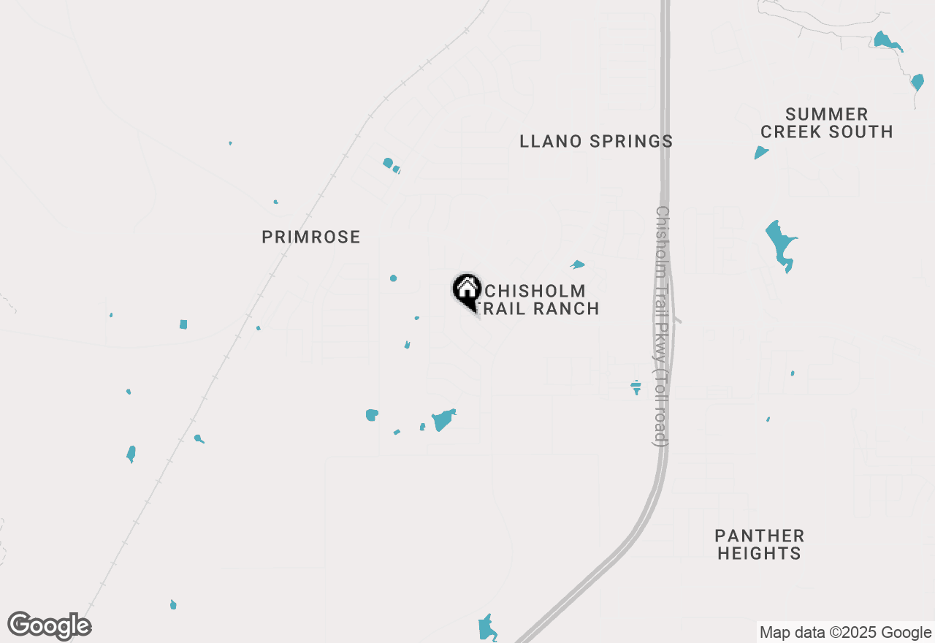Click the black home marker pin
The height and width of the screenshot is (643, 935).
[x=467, y=290]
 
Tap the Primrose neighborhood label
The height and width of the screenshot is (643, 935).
[x=311, y=237]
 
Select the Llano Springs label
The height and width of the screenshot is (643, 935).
[x=596, y=141]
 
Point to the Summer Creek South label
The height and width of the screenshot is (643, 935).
[x=826, y=123]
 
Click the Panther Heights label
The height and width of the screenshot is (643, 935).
[x=759, y=544]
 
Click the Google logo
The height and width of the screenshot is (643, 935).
[x=50, y=626]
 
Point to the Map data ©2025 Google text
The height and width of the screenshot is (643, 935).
[x=845, y=633]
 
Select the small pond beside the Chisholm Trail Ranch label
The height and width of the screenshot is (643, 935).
[x=578, y=265]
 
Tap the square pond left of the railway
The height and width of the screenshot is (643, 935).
[x=183, y=324]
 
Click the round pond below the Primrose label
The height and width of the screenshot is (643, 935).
[x=394, y=278]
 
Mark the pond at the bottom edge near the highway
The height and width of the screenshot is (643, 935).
[x=486, y=628]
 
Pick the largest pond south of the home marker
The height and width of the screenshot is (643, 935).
[x=443, y=419]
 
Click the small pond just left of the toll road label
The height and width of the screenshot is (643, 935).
[x=636, y=387]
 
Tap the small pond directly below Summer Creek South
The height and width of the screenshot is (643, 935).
[x=761, y=153]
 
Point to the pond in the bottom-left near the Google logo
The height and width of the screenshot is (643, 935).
[x=173, y=604]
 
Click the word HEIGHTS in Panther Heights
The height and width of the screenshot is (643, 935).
[x=759, y=553]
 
